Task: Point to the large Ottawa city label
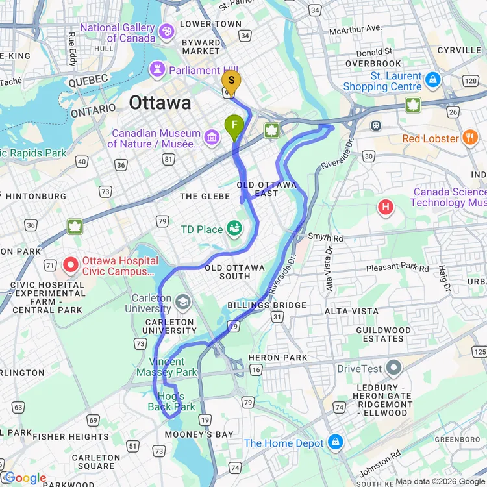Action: (x=160, y=103)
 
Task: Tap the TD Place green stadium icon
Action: (x=234, y=229)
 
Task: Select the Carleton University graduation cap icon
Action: (x=183, y=301)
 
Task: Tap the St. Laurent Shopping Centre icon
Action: (x=433, y=81)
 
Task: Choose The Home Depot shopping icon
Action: (x=335, y=443)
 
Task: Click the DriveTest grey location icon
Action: (x=393, y=368)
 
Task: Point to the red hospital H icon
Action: (x=386, y=208)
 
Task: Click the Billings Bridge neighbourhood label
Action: (x=267, y=305)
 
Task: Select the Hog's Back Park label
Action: (x=171, y=401)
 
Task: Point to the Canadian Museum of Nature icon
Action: (x=211, y=137)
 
